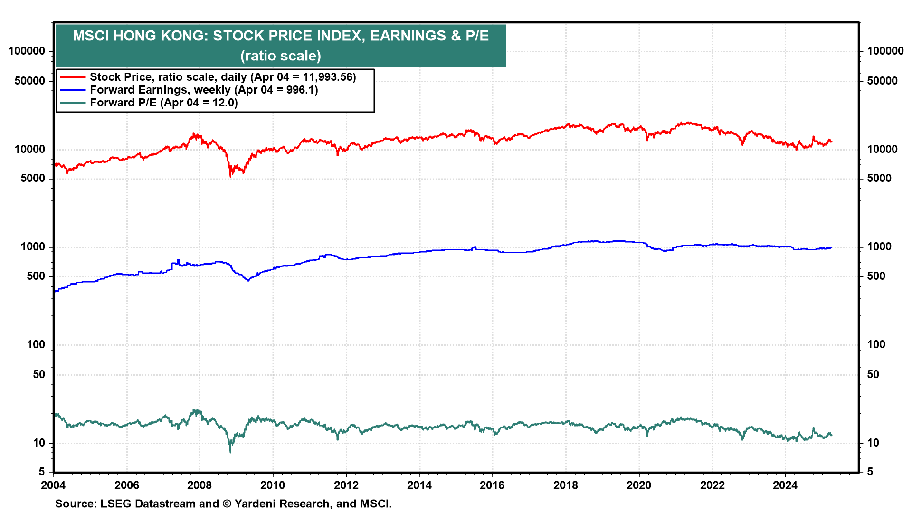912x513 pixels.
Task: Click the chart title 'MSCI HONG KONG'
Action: coord(280,36)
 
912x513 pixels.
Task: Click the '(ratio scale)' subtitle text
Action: coord(280,56)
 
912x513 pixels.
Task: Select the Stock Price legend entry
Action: coord(222,77)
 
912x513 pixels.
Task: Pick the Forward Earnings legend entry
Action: coord(203,90)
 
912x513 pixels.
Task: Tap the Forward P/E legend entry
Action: coord(163,103)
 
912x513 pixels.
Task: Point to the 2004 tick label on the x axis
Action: coord(53,485)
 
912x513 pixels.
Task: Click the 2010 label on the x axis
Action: coord(273,485)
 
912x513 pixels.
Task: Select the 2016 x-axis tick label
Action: coord(492,485)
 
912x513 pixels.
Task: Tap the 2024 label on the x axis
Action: coord(785,485)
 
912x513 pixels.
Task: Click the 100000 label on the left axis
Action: coord(27,51)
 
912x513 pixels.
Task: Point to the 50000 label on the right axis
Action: coord(882,81)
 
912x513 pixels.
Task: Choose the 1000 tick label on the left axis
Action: coord(33,247)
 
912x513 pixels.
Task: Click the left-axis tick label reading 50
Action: coord(39,374)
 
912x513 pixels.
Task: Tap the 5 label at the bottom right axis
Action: coord(870,472)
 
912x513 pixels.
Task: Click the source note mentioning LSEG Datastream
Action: coord(223,503)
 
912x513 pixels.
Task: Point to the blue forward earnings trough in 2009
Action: coord(248,280)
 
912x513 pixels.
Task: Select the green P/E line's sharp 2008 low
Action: coord(230,452)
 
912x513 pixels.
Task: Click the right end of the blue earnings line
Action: coord(831,247)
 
